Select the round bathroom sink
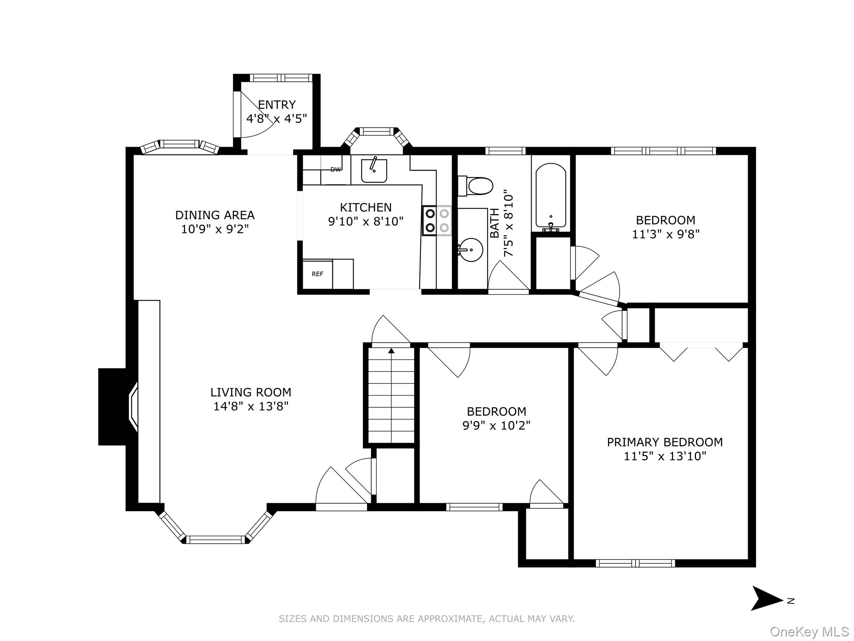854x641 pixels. tap(471, 250)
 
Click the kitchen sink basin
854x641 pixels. tap(374, 171)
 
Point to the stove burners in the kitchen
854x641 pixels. tap(437, 221)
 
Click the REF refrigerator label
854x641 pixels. tap(317, 274)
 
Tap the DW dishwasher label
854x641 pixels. tap(336, 169)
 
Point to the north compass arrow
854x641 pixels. tap(767, 598)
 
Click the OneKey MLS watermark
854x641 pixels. tap(809, 631)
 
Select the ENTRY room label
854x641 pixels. tap(276, 104)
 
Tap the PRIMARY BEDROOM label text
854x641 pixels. tap(665, 442)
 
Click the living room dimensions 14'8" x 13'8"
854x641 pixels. tap(251, 406)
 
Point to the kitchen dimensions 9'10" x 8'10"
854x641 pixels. tap(366, 221)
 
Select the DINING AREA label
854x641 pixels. tap(215, 215)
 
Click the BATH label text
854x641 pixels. tap(495, 223)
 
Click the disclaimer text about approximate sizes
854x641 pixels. tap(427, 618)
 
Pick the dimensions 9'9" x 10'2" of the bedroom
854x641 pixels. tap(496, 426)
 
